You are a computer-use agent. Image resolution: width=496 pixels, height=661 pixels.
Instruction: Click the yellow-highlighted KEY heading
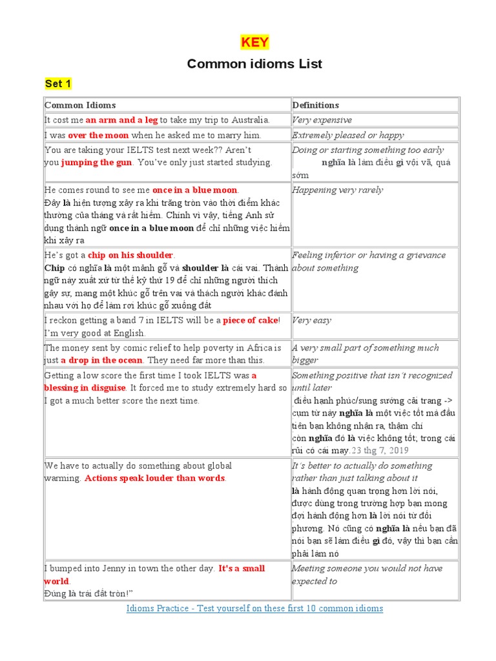[x=254, y=43]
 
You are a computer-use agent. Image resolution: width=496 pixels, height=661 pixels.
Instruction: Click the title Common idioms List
[x=254, y=63]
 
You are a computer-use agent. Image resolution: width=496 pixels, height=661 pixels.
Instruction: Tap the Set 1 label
[x=58, y=84]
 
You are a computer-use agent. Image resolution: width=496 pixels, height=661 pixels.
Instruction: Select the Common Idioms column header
[x=80, y=105]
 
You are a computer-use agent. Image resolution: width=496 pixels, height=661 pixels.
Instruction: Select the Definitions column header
[x=315, y=105]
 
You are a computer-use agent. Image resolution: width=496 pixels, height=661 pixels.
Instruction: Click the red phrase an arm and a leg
[x=121, y=120]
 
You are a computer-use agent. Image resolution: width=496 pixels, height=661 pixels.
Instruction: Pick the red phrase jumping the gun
[x=97, y=163]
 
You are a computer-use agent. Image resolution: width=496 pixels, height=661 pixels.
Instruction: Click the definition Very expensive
[x=322, y=120]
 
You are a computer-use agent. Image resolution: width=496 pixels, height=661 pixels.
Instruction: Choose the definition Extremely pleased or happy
[x=347, y=135]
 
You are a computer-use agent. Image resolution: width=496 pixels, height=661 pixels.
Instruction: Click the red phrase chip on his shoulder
[x=130, y=255]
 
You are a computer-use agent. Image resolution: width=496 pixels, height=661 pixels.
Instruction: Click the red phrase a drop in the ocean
[x=98, y=360]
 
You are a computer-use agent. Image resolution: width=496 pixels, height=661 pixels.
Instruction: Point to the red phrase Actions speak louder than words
[x=155, y=478]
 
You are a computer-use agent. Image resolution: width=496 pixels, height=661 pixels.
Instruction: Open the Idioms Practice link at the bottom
[x=254, y=609]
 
